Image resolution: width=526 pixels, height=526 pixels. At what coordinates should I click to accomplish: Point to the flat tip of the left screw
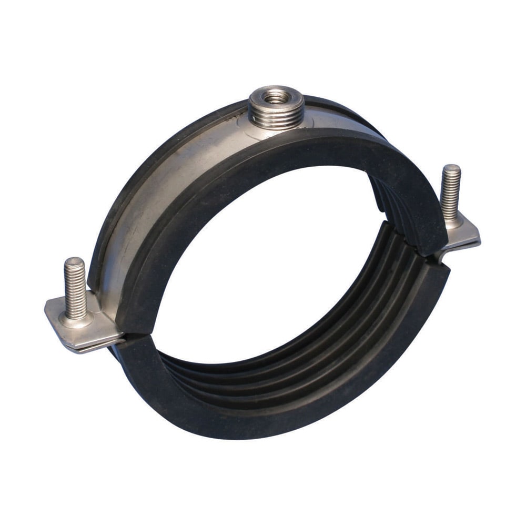[74, 262]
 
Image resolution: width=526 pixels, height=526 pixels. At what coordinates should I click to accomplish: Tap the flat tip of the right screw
[451, 168]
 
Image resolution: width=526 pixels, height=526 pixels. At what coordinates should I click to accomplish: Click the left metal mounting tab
[84, 329]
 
